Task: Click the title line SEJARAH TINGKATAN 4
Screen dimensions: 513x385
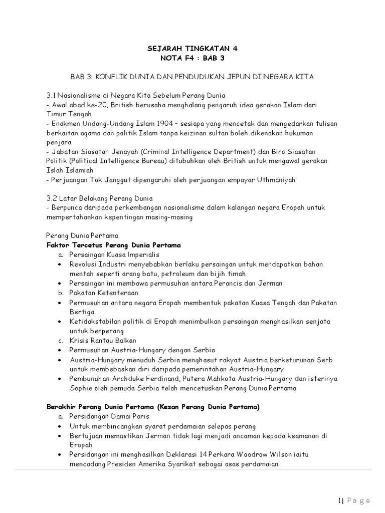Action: click(192, 49)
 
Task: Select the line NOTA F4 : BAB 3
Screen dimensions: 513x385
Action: click(192, 58)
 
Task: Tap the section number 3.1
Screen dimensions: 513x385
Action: click(51, 95)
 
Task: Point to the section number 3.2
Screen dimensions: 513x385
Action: click(52, 198)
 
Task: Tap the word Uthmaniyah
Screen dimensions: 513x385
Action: click(279, 179)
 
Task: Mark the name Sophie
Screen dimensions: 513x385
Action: click(82, 388)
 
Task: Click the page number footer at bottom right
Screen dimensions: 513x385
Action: click(353, 499)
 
